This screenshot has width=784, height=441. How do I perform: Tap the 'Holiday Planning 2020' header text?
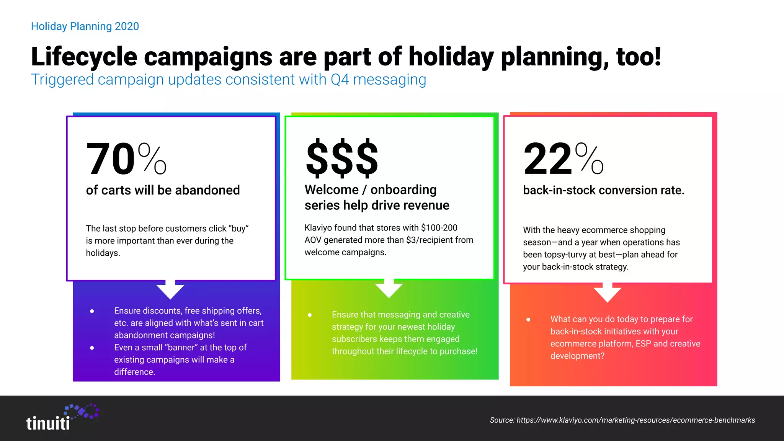click(85, 26)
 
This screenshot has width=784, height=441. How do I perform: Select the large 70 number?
click(111, 159)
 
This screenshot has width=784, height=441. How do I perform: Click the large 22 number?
click(548, 159)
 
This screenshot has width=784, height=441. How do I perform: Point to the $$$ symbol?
click(342, 158)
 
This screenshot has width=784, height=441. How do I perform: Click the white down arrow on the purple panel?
click(170, 290)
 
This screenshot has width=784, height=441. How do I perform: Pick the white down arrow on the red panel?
click(607, 293)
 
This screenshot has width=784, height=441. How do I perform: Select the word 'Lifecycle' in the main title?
click(84, 57)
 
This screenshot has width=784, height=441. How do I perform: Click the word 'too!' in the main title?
click(639, 57)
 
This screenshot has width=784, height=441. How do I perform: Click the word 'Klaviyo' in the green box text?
click(318, 228)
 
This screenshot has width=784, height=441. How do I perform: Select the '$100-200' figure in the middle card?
click(439, 228)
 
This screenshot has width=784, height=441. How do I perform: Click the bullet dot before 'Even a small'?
click(92, 348)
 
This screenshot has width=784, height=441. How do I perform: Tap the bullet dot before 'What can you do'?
click(528, 319)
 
